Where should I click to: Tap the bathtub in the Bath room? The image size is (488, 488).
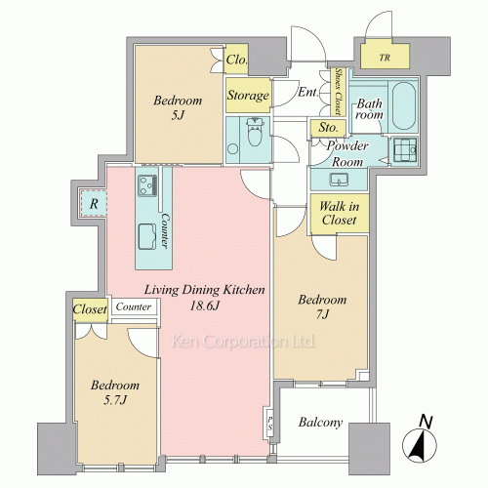tap(403, 106)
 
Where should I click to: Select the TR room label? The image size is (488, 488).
tap(385, 58)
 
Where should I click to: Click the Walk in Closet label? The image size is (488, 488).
tap(339, 214)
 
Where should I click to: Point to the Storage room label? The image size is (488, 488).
tap(248, 96)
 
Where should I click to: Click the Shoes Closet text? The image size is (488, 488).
tap(339, 92)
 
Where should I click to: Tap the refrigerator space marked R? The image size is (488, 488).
tap(94, 203)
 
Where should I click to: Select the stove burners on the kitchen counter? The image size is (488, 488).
tap(147, 185)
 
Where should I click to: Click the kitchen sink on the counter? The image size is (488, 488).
tap(147, 236)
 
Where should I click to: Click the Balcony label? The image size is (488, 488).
tap(320, 423)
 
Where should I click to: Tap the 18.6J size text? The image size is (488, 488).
tap(205, 305)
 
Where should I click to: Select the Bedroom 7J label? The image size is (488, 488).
tap(322, 306)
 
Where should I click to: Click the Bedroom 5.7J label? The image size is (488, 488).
tap(115, 392)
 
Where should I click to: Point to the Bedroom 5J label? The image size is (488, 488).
tap(178, 107)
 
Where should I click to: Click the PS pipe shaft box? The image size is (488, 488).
tap(269, 423)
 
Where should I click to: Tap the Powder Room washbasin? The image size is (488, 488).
tap(339, 180)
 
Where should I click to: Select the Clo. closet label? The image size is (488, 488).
tap(236, 60)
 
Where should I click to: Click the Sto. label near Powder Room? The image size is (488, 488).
tap(328, 128)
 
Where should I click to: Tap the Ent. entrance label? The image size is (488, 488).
tap(308, 92)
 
